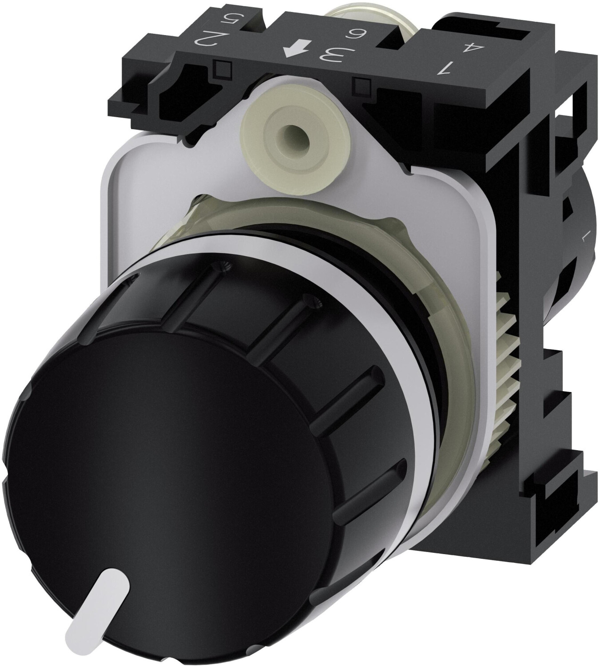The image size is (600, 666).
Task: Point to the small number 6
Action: pyautogui.click(x=358, y=33)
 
